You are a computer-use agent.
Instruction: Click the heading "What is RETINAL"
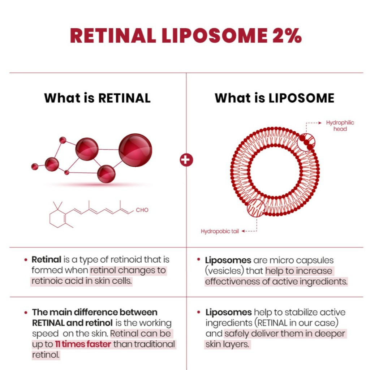pyautogui.click(x=97, y=98)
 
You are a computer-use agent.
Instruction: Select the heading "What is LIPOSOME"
pyautogui.click(x=275, y=98)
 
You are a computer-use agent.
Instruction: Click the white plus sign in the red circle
pyautogui.click(x=186, y=160)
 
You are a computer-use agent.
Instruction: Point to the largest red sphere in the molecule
pyautogui.click(x=135, y=150)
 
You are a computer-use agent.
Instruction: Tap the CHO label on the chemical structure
pyautogui.click(x=142, y=210)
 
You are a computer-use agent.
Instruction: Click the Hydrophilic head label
pyautogui.click(x=340, y=125)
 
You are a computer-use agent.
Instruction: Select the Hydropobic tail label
pyautogui.click(x=220, y=231)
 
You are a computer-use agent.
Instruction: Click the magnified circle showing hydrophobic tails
pyautogui.click(x=256, y=208)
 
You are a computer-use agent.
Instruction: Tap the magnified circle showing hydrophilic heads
pyautogui.click(x=306, y=142)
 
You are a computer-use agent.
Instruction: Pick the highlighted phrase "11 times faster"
pyautogui.click(x=83, y=344)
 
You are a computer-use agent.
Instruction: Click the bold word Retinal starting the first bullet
pyautogui.click(x=47, y=259)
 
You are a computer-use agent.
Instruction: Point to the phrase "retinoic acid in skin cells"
pyautogui.click(x=81, y=281)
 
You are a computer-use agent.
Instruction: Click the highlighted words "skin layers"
pyautogui.click(x=227, y=344)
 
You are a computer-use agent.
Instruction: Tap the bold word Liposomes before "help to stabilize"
pyautogui.click(x=228, y=312)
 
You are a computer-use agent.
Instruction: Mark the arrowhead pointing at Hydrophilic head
pyautogui.click(x=320, y=123)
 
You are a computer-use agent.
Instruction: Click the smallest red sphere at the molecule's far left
pyautogui.click(x=35, y=167)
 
